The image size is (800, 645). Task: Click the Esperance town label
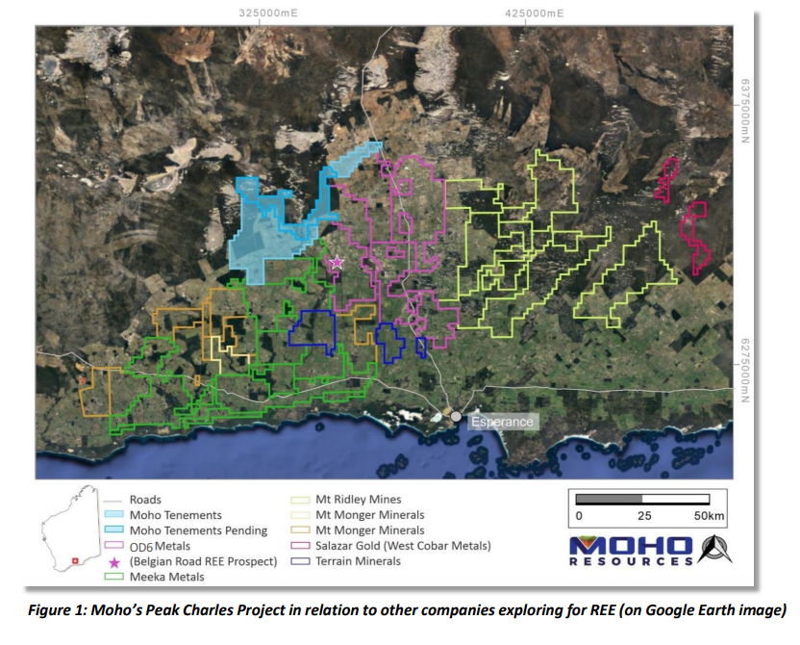click(x=500, y=422)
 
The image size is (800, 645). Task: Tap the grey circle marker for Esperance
click(x=456, y=417)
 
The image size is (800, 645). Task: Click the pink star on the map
click(x=337, y=262)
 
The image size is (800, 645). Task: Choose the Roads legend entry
click(x=145, y=500)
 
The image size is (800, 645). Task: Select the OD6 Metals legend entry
click(x=160, y=546)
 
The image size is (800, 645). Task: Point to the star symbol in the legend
click(x=114, y=562)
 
